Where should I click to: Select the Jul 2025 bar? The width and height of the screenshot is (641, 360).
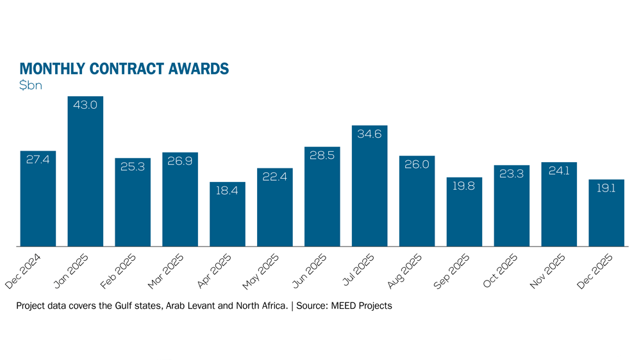[x=370, y=186]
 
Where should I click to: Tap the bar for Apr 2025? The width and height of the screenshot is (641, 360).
[x=228, y=214]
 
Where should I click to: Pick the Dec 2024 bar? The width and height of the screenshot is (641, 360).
[x=38, y=199]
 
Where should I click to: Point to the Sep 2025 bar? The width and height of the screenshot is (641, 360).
[x=465, y=211]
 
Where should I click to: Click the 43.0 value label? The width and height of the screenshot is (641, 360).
[x=85, y=105]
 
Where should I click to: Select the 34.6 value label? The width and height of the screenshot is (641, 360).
[x=370, y=135]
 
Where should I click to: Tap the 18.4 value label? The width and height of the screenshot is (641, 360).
[x=228, y=191]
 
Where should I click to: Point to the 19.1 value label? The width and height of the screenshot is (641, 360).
[x=607, y=188]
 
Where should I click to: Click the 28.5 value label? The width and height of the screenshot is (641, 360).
[x=322, y=156]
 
